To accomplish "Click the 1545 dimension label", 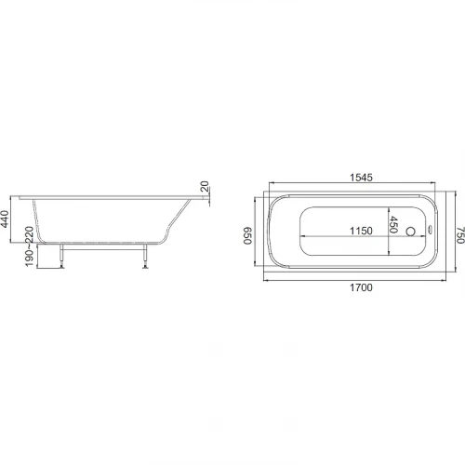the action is (x=361, y=178).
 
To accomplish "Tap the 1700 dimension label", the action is (x=361, y=287).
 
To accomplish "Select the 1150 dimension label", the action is (x=361, y=231).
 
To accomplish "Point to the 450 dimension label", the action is (x=393, y=225).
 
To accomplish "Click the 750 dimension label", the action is (x=460, y=235).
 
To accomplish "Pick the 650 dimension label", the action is (x=247, y=236).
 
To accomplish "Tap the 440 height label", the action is (x=5, y=219).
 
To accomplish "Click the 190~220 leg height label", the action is (x=29, y=246).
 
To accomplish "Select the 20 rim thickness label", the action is (x=205, y=187).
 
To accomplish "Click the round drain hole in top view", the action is (x=410, y=232).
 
